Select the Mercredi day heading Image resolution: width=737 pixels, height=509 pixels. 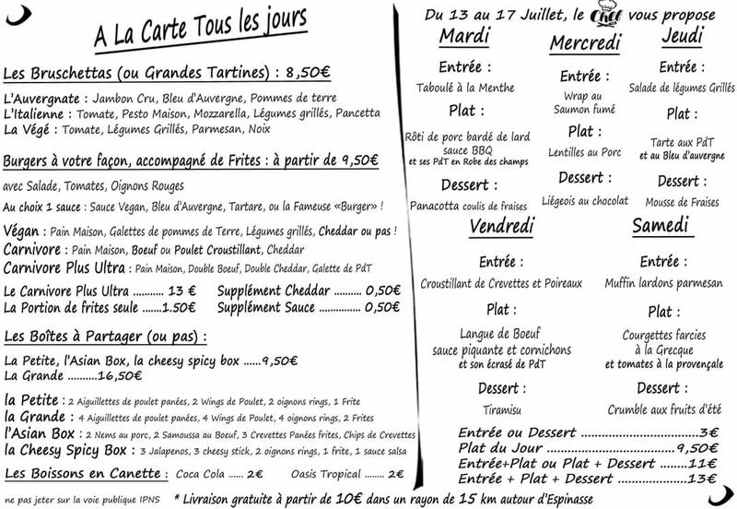(585, 43)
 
